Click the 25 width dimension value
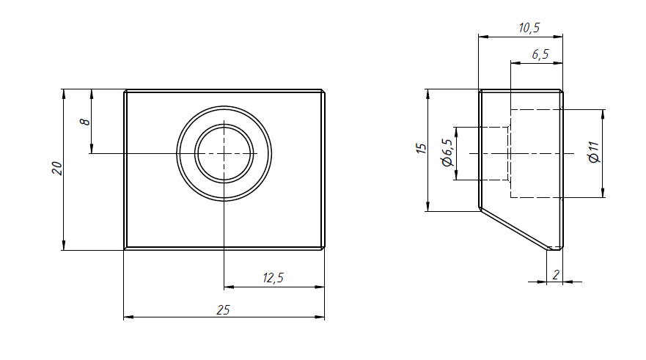(223, 309)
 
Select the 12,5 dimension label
(274, 278)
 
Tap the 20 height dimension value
(57, 168)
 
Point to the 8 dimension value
(84, 122)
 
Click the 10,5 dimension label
(529, 28)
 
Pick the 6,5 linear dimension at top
(540, 54)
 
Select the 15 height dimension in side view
(422, 149)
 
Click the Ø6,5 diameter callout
(447, 153)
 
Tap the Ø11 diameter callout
(594, 153)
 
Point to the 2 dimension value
(557, 275)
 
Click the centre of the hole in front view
(224, 154)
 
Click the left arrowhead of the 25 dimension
(128, 317)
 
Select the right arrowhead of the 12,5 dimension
(320, 287)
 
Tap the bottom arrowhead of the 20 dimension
(64, 245)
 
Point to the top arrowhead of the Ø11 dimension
(603, 115)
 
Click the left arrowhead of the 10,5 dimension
(484, 37)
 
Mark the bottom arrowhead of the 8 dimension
(92, 148)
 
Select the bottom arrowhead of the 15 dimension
(428, 206)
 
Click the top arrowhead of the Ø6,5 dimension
(456, 133)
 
